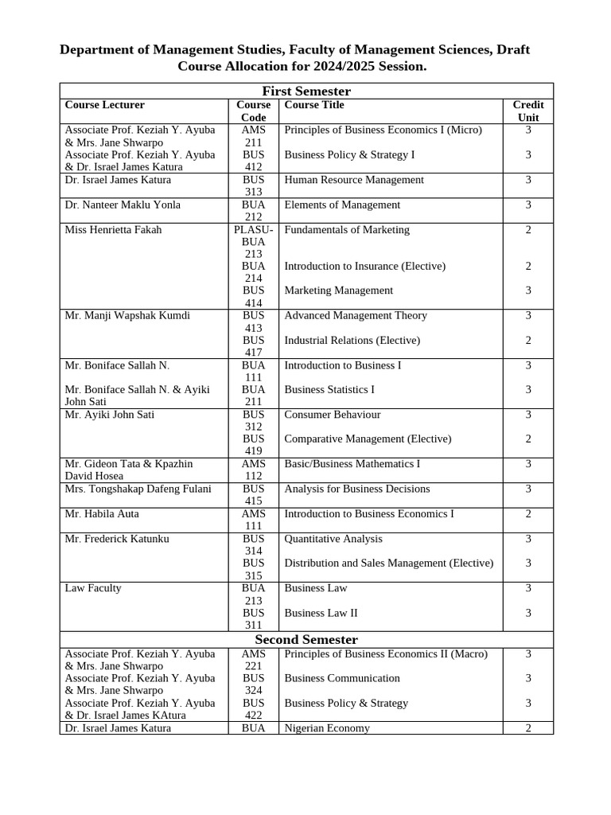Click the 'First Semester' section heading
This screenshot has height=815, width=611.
pyautogui.click(x=306, y=91)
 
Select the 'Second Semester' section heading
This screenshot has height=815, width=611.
pyautogui.click(x=306, y=640)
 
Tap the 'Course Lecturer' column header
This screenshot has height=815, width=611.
pyautogui.click(x=105, y=105)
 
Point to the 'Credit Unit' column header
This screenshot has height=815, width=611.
pyautogui.click(x=528, y=111)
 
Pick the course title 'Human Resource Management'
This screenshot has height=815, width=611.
pyautogui.click(x=354, y=180)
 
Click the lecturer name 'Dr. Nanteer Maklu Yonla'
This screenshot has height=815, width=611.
pyautogui.click(x=123, y=205)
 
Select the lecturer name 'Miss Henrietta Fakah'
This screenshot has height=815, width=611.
pyautogui.click(x=113, y=229)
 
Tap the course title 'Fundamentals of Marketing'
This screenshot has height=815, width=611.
pyautogui.click(x=347, y=229)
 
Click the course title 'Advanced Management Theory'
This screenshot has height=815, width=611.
pyautogui.click(x=356, y=315)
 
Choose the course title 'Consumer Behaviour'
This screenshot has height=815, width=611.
pyautogui.click(x=333, y=415)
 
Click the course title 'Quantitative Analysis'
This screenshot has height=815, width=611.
pyautogui.click(x=333, y=539)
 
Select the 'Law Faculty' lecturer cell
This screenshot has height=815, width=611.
pyautogui.click(x=93, y=588)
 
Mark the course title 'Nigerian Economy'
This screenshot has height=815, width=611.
pyautogui.click(x=327, y=728)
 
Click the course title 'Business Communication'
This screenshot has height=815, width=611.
pyautogui.click(x=342, y=678)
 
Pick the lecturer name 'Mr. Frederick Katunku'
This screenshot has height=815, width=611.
pyautogui.click(x=116, y=539)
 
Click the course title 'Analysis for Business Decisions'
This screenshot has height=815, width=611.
pyautogui.click(x=357, y=489)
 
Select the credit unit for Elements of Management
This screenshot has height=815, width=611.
pyautogui.click(x=528, y=205)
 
